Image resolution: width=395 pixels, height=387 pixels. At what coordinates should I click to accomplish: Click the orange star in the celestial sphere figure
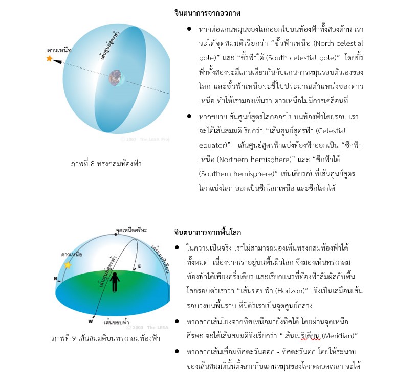click(x=50, y=59)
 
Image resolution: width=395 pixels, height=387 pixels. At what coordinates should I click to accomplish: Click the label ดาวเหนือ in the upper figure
click(x=59, y=50)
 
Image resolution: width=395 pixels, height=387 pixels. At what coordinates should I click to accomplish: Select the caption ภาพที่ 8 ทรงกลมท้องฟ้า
click(x=105, y=164)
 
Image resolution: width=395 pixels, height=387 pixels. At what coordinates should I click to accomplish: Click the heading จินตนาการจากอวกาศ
click(x=207, y=13)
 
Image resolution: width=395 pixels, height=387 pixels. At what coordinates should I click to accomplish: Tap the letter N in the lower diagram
click(x=55, y=279)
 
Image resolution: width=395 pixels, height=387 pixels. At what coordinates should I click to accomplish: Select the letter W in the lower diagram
click(x=91, y=322)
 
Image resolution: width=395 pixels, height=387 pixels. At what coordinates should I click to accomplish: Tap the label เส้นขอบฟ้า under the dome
click(x=116, y=323)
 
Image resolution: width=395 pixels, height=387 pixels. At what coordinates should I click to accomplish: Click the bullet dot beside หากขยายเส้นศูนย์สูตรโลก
click(x=189, y=117)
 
